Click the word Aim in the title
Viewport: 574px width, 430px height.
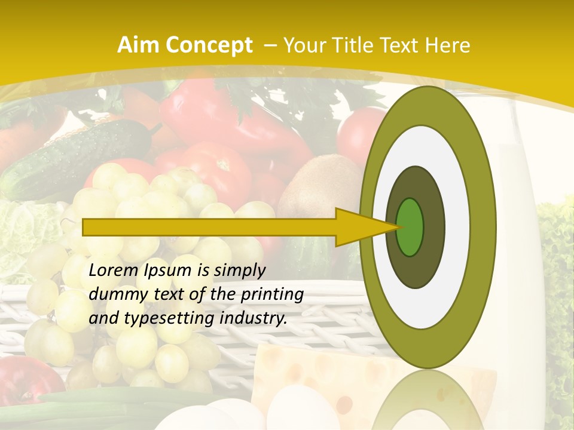tap(136, 45)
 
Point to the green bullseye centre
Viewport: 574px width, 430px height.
tap(410, 227)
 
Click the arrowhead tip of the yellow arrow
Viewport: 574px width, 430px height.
tap(397, 227)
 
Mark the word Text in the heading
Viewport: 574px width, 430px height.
tap(404, 45)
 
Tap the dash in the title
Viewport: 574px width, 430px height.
tap(270, 45)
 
